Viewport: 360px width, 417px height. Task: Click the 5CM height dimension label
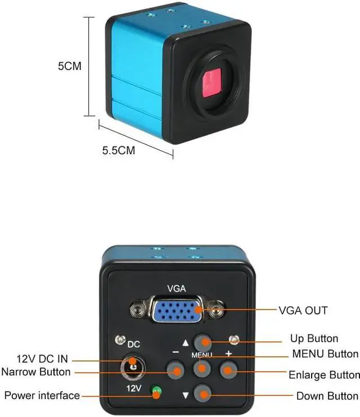coord(70,66)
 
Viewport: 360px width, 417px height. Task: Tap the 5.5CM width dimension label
coord(118,150)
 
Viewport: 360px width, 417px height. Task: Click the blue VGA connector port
coord(176,310)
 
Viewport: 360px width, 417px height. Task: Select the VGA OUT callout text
coord(303,311)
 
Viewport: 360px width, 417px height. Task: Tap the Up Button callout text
coord(314,338)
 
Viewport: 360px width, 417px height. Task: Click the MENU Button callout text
coord(325,353)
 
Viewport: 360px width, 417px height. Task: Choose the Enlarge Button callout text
coord(324,375)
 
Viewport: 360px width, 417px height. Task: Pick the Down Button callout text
coord(327,396)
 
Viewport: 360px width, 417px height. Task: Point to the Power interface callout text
coord(42,396)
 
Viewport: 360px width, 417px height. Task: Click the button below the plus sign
coord(228,370)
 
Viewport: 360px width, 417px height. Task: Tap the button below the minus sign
coord(176,370)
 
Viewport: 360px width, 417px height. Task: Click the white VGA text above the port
coord(176,288)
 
